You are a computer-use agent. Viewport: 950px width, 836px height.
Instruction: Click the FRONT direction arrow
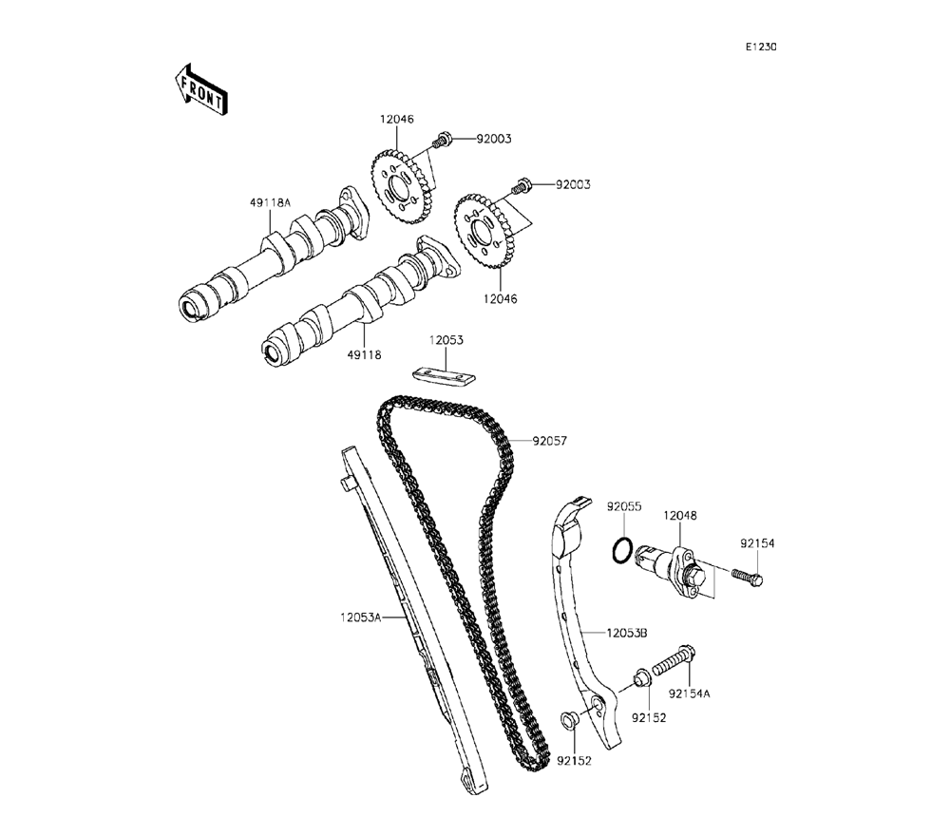tap(199, 89)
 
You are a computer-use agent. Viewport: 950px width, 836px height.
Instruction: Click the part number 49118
tap(364, 354)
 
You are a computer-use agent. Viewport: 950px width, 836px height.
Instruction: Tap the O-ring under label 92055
tap(621, 550)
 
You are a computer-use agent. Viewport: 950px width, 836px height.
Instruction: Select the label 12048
tap(680, 515)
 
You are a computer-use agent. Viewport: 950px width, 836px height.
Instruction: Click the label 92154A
tap(688, 693)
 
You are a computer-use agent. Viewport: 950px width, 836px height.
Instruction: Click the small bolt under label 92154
tap(748, 574)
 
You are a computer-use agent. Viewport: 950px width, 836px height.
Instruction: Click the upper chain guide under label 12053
tap(443, 375)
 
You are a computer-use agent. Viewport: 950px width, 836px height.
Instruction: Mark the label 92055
tap(625, 507)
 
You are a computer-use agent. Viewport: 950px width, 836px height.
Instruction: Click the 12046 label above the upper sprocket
tap(397, 121)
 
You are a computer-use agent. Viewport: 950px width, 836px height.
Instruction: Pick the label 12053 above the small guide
tap(445, 339)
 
